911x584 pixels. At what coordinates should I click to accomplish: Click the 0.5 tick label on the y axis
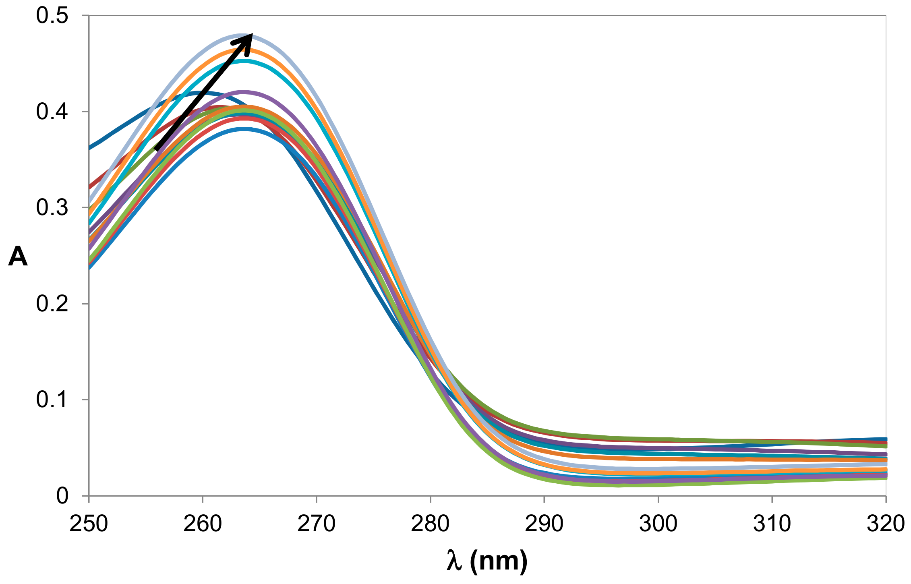click(52, 16)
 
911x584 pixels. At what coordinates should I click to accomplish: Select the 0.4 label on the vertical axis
click(52, 112)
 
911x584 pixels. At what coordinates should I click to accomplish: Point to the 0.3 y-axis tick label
click(52, 208)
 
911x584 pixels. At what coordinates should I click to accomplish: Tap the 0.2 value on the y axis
click(52, 304)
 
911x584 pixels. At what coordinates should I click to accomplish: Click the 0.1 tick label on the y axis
click(52, 400)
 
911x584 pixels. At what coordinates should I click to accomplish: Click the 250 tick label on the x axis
click(89, 524)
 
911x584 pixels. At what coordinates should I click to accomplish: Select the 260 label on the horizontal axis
click(203, 524)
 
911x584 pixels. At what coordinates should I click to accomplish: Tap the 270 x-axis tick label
click(317, 524)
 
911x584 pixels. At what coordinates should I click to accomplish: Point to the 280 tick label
click(430, 524)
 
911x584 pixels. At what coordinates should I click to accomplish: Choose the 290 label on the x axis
click(544, 524)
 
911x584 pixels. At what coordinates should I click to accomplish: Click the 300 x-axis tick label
click(658, 524)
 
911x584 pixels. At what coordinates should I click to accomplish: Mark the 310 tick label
click(772, 524)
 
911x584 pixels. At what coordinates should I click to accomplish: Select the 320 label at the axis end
click(885, 524)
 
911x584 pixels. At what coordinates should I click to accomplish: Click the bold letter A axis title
click(18, 257)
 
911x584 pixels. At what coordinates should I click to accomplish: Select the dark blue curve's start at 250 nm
click(90, 148)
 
